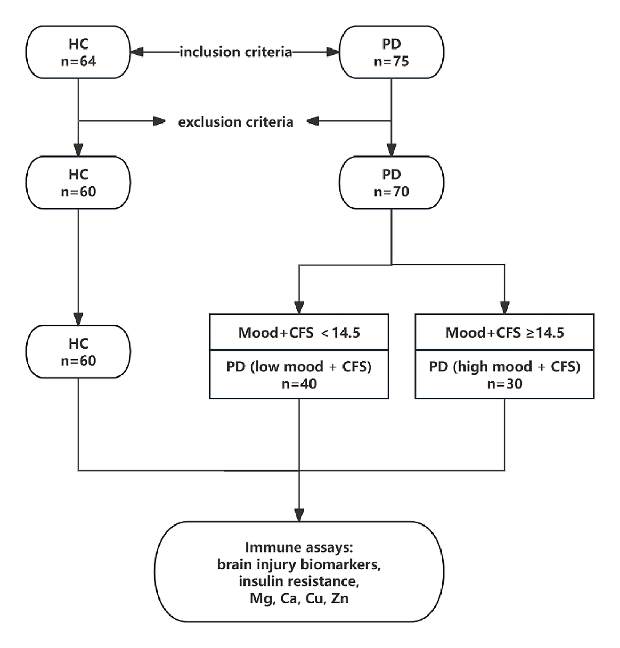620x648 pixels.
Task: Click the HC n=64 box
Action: pos(78,52)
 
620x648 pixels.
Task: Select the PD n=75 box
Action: pos(391,52)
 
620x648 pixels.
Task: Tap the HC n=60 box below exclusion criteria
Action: pos(78,183)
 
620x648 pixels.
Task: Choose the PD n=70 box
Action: pos(391,183)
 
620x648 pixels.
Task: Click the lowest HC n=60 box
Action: pos(78,352)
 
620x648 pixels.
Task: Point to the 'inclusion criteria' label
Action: pos(235,52)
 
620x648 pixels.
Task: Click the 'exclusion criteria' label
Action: pos(235,122)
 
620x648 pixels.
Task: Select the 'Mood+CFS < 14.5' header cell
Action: pos(299,333)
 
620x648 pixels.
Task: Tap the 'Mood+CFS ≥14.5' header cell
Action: pos(504,333)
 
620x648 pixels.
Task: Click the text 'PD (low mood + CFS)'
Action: pos(299,367)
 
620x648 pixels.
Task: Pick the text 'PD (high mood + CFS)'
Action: pos(504,367)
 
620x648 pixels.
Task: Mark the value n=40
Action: pos(299,384)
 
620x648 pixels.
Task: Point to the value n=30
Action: pos(504,384)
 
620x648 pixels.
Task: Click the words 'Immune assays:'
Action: pos(299,547)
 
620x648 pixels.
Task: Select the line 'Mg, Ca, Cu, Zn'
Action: pos(299,598)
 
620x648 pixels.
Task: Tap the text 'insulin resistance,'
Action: pos(299,581)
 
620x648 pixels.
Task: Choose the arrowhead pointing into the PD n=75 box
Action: pos(333,52)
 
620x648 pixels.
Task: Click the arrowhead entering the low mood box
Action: pos(299,308)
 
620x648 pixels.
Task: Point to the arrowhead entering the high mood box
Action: pos(504,308)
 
